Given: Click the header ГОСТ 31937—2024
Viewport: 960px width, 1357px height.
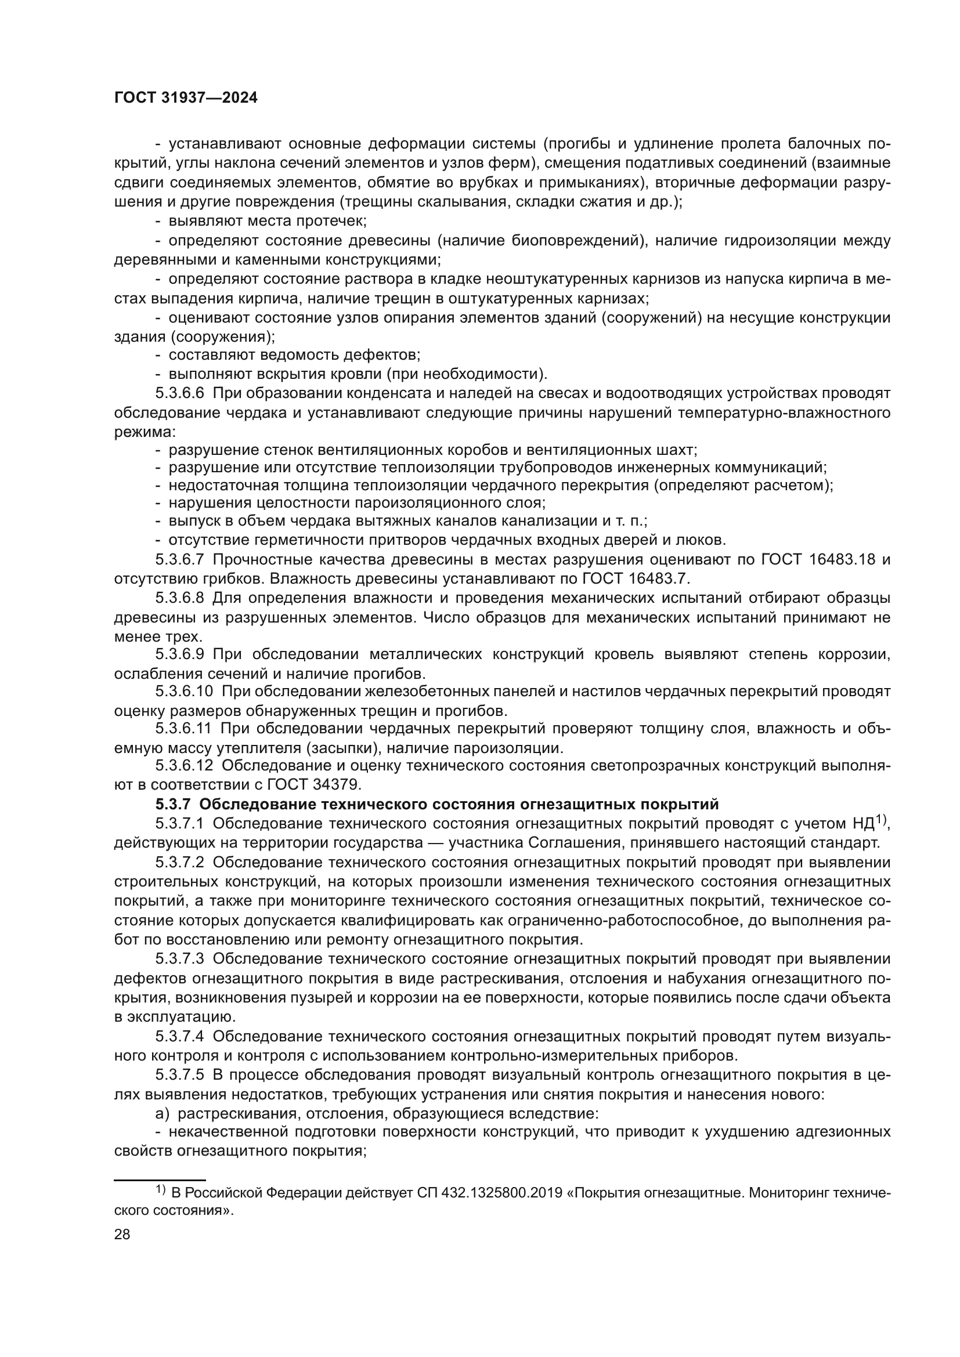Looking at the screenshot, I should [x=186, y=98].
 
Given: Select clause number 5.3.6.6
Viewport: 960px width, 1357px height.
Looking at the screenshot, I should [x=180, y=393].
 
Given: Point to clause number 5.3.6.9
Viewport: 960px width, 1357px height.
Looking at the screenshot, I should [x=180, y=654].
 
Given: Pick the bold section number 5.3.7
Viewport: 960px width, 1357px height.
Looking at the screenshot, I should [x=173, y=804].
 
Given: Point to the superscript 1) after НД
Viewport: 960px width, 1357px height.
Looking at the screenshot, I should [x=882, y=820].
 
